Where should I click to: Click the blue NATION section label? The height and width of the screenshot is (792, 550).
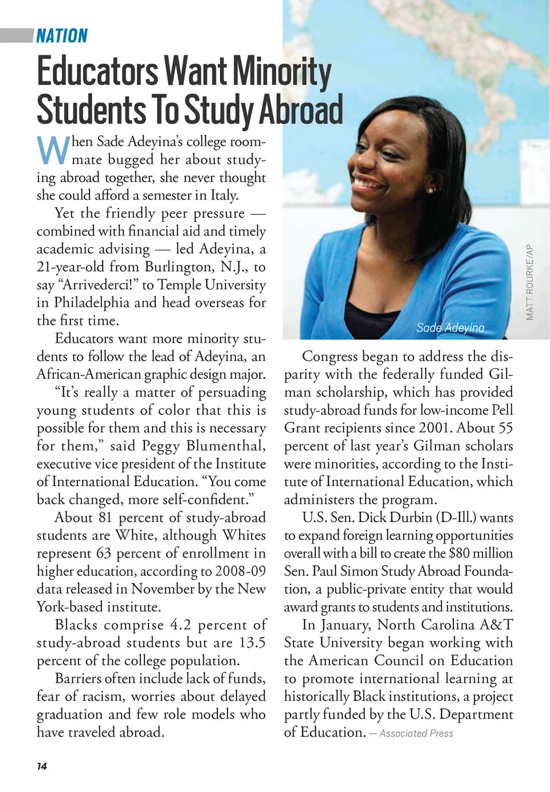(62, 36)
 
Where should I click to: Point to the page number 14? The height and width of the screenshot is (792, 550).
(42, 766)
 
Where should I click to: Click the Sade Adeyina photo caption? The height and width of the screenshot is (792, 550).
(450, 328)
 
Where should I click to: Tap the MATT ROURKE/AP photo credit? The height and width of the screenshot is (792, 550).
(530, 283)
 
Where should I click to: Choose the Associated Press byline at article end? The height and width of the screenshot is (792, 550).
(416, 734)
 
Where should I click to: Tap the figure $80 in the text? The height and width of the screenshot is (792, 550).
(459, 553)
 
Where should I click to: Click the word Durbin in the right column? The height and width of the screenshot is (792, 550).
(411, 517)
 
